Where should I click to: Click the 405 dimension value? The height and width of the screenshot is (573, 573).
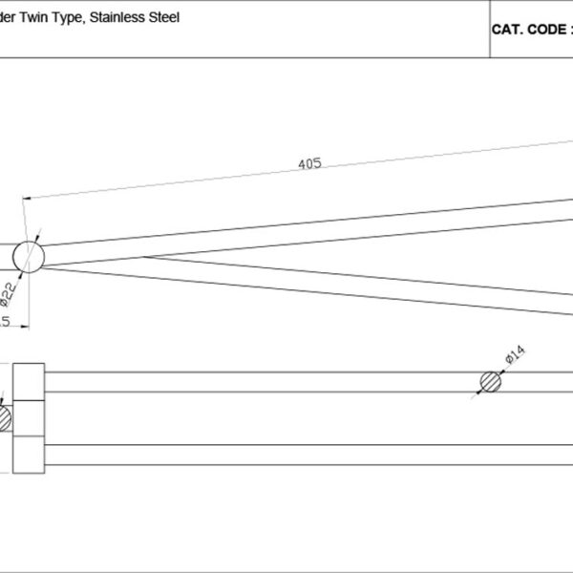(308, 163)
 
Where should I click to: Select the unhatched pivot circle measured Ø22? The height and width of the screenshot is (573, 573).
(29, 257)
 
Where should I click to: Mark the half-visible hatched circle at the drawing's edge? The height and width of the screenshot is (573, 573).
(4, 417)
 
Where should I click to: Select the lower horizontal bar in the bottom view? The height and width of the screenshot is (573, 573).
(306, 455)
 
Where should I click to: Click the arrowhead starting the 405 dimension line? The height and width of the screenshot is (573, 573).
(26, 199)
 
